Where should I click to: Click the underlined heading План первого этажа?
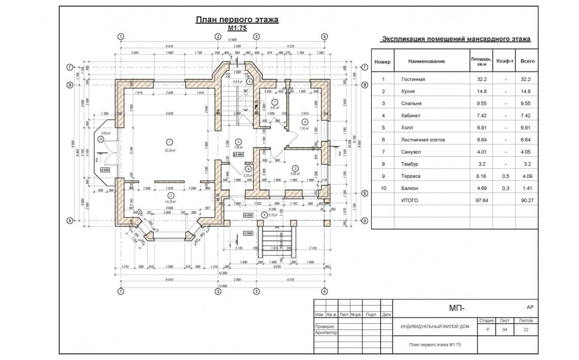(x=237, y=20)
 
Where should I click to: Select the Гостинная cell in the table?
(x=413, y=80)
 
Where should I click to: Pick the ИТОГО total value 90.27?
(x=527, y=200)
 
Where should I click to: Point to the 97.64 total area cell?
(x=479, y=200)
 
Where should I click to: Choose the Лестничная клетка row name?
(x=423, y=140)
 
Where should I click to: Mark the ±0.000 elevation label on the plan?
(x=238, y=154)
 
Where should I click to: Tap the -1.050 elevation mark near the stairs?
(x=247, y=233)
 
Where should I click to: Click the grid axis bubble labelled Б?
(x=365, y=193)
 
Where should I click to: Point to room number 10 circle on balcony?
(x=100, y=139)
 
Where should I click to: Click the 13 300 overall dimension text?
(x=223, y=273)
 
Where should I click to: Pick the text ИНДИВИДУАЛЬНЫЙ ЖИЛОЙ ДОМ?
(x=434, y=327)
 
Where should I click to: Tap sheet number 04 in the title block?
(x=504, y=330)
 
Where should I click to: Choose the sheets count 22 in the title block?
(x=526, y=330)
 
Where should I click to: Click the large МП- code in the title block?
(x=456, y=308)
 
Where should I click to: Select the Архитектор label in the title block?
(x=326, y=333)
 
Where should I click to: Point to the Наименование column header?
(x=426, y=61)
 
